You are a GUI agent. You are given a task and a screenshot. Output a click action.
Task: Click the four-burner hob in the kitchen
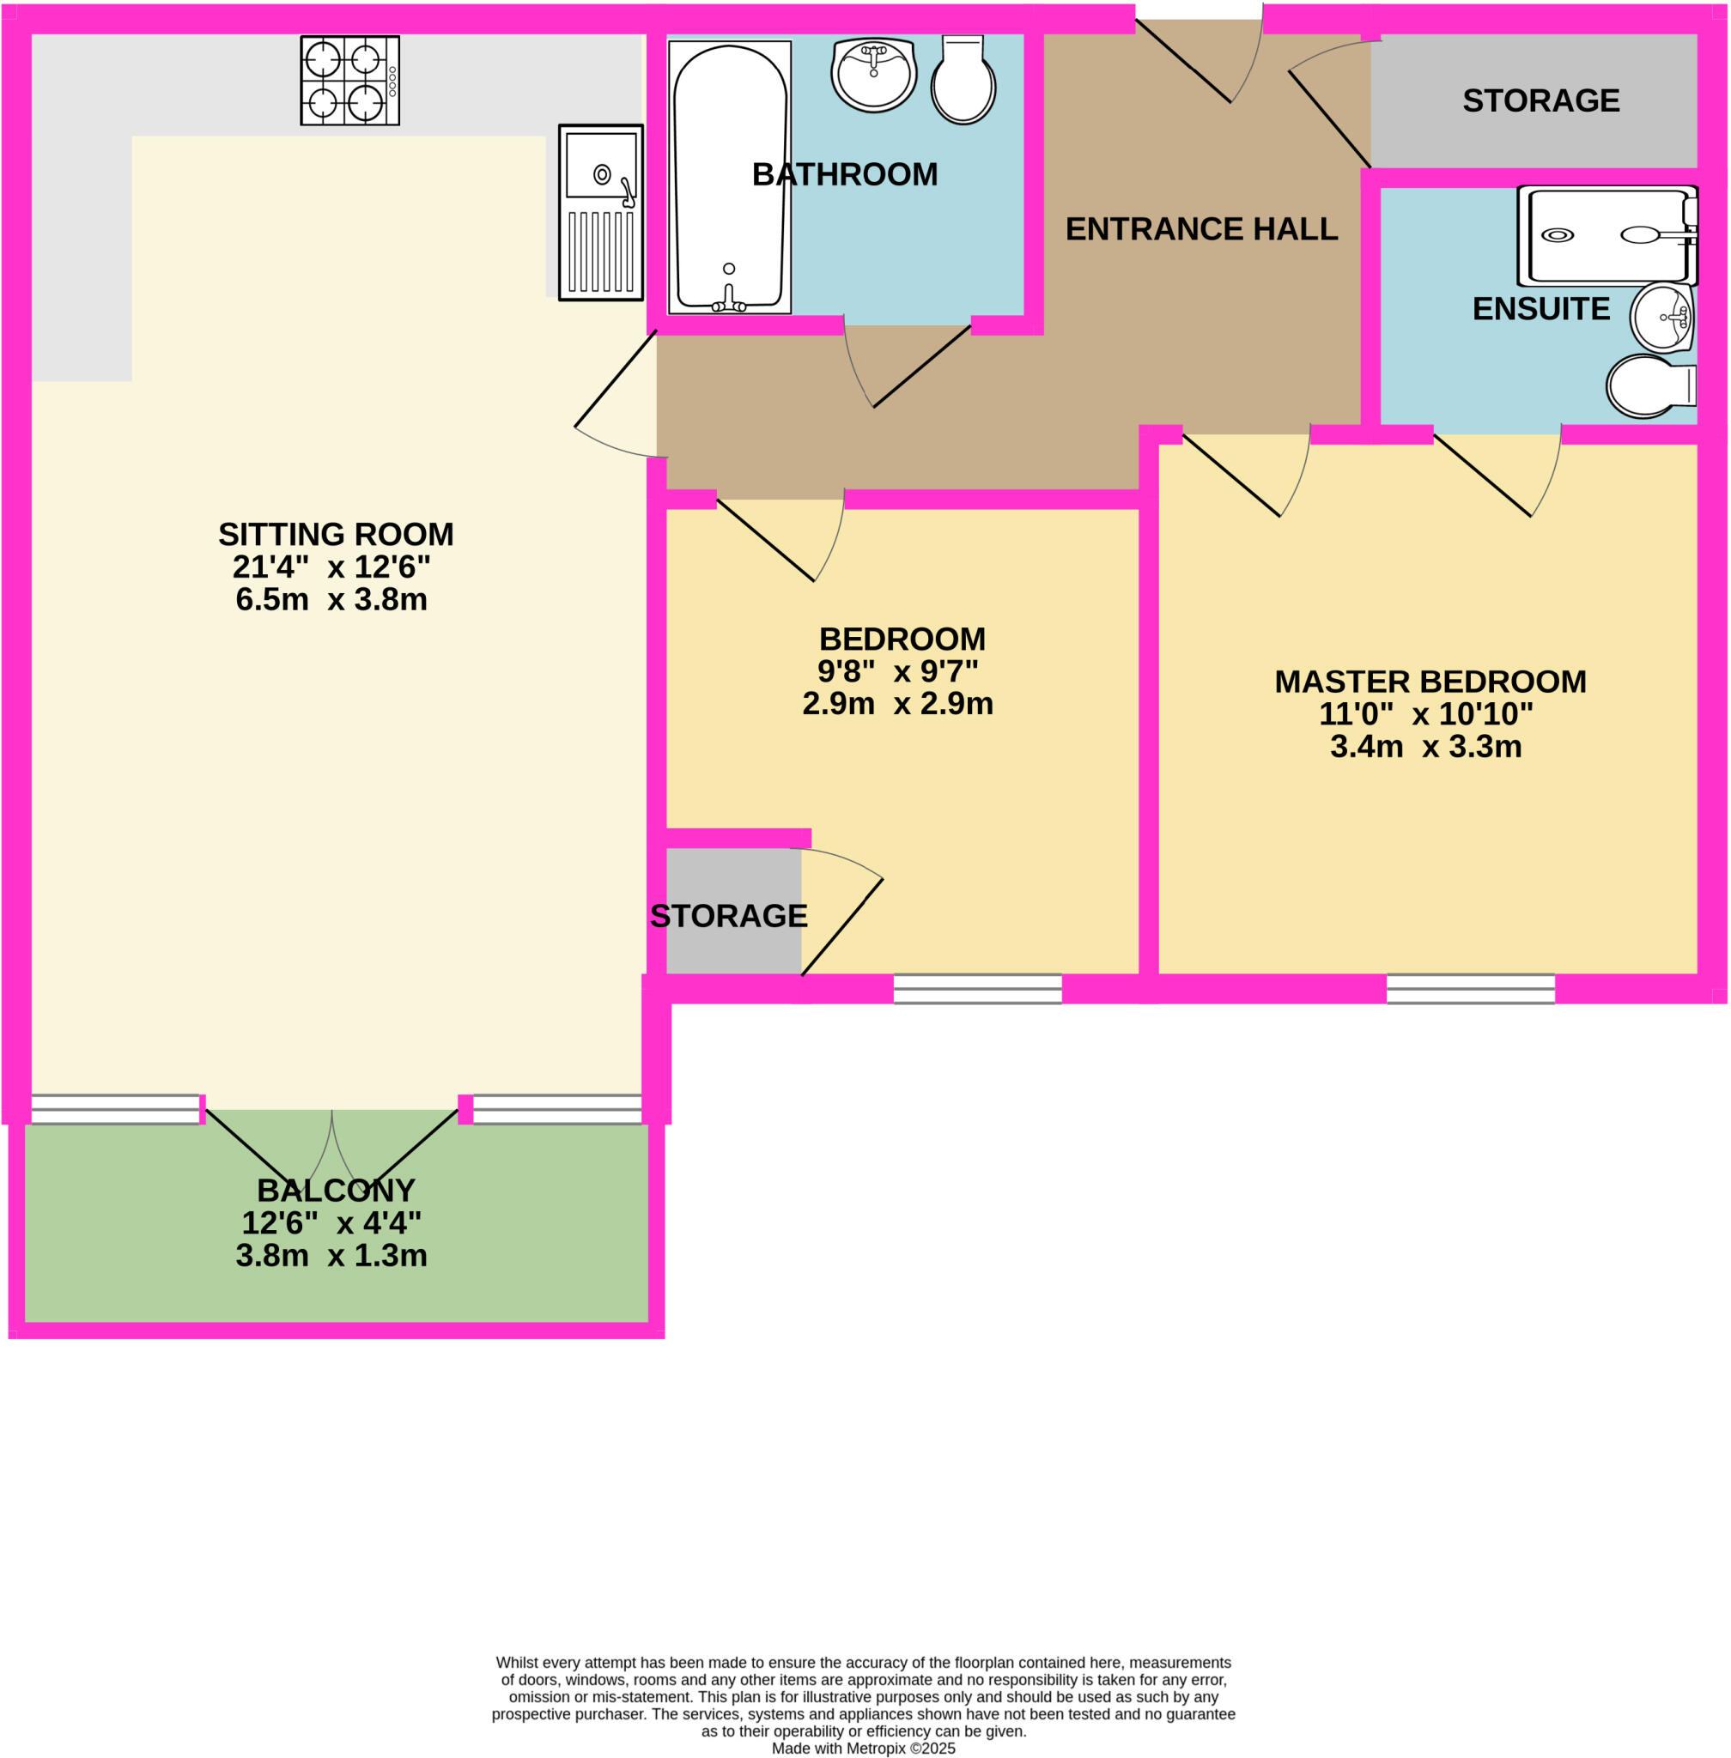[349, 81]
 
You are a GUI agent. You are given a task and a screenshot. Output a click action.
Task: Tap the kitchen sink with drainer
[600, 213]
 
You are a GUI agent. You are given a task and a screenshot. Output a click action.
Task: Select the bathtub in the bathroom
[729, 177]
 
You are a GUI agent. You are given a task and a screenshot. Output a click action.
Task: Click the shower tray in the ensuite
[1606, 235]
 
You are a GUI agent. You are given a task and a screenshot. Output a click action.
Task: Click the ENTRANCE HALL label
[1201, 229]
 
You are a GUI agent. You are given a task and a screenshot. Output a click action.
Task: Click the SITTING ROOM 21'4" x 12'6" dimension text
[331, 567]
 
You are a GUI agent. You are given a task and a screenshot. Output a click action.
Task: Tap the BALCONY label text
[336, 1191]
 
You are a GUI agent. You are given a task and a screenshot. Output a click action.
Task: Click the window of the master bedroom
[1470, 989]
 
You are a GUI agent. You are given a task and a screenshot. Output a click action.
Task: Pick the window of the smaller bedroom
[977, 989]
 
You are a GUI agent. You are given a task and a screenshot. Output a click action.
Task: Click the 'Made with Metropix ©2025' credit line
[863, 1748]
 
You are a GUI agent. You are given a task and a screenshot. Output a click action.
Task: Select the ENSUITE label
[1541, 309]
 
